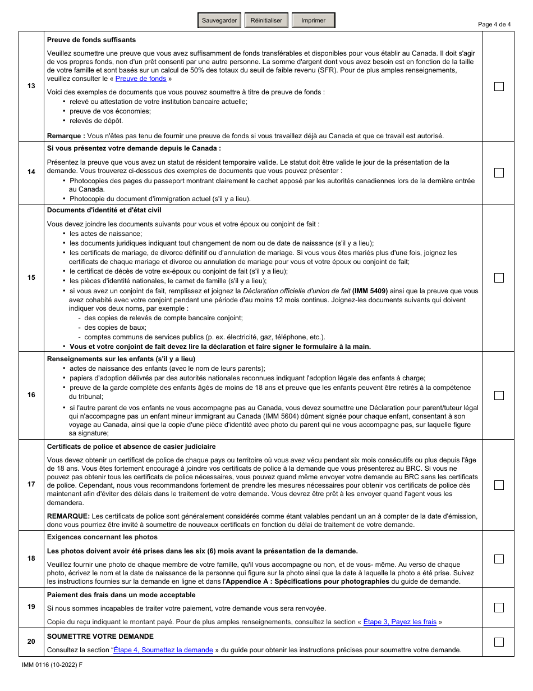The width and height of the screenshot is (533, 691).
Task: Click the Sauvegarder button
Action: pos(219,21)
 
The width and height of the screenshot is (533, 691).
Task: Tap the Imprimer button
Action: pos(313,21)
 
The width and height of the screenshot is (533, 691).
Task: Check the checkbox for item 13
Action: pos(499,87)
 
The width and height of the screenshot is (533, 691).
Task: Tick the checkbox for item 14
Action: pos(499,172)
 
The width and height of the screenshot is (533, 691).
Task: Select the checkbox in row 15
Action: pos(499,278)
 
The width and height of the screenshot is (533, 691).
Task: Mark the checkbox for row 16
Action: pos(499,395)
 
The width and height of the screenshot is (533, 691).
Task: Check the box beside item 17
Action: pos(499,485)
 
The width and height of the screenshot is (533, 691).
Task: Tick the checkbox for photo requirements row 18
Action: pos(499,559)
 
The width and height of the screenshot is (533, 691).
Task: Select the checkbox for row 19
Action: pos(499,607)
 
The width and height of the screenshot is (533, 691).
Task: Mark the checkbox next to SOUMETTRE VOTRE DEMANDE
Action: pos(499,642)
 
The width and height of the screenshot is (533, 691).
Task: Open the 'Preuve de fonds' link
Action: pos(141,79)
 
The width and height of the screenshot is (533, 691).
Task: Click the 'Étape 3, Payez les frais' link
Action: pos(400,622)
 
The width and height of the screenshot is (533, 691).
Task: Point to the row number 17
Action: pos(31,485)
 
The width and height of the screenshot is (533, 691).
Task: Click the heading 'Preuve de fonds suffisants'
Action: pos(91,40)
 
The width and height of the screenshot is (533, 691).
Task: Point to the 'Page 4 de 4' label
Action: pos(494,24)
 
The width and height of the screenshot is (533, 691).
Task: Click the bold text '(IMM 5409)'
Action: pos(370,291)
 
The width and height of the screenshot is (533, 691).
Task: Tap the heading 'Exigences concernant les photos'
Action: pos(103,537)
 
